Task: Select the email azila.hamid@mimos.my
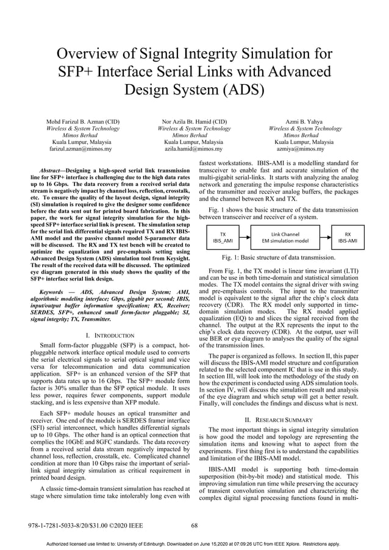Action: coord(194,148)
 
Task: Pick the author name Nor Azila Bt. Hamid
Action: coord(194,121)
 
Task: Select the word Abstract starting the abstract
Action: coord(51,170)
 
